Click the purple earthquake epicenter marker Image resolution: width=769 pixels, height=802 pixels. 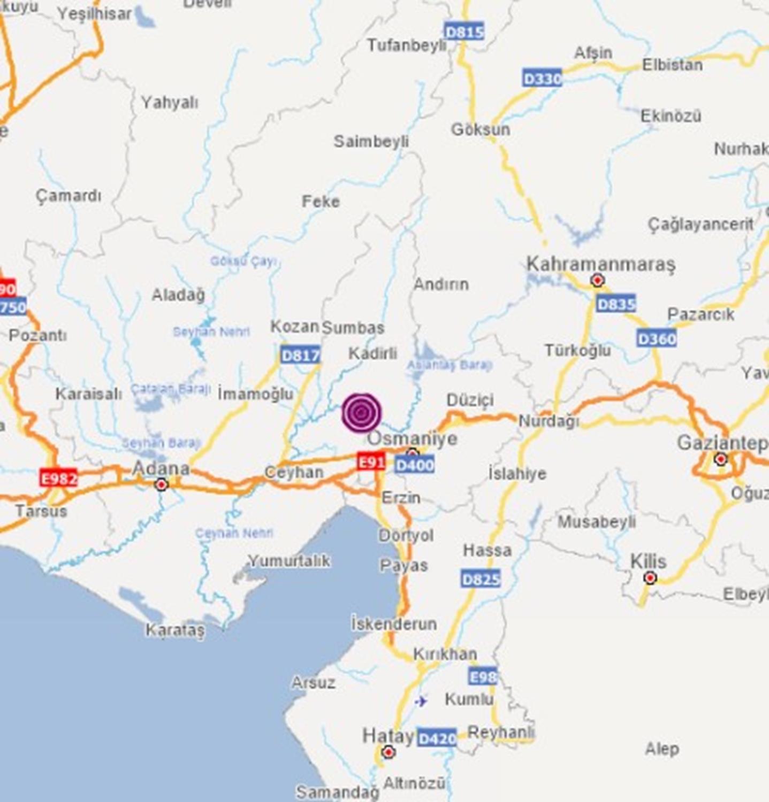[x=362, y=413]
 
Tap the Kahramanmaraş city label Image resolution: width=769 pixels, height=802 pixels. [x=600, y=264]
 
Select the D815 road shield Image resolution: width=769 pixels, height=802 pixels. [x=464, y=32]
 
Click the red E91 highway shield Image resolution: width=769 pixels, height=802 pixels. [x=371, y=461]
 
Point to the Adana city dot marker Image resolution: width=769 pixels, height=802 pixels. [x=161, y=485]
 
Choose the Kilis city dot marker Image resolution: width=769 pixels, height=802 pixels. [x=650, y=578]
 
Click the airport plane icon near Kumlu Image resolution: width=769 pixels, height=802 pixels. [x=421, y=700]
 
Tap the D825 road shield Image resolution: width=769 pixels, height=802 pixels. [x=481, y=579]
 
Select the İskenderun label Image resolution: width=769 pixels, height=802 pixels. [x=394, y=623]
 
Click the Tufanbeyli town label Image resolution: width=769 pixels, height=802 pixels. [x=407, y=45]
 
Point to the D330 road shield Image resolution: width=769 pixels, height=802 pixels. [x=542, y=79]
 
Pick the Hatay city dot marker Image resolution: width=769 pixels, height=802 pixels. [x=389, y=752]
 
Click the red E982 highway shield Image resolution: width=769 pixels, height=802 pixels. [x=58, y=478]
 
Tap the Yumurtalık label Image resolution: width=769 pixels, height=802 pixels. [x=289, y=561]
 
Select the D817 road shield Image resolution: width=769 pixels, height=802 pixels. [x=300, y=354]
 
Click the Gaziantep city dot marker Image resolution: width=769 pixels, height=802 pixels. [x=721, y=459]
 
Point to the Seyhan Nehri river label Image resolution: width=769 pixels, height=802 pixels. [x=211, y=332]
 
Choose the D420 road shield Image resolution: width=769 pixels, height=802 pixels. [x=437, y=739]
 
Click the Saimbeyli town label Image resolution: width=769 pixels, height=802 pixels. [x=371, y=142]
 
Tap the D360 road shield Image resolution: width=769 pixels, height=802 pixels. [x=657, y=338]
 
